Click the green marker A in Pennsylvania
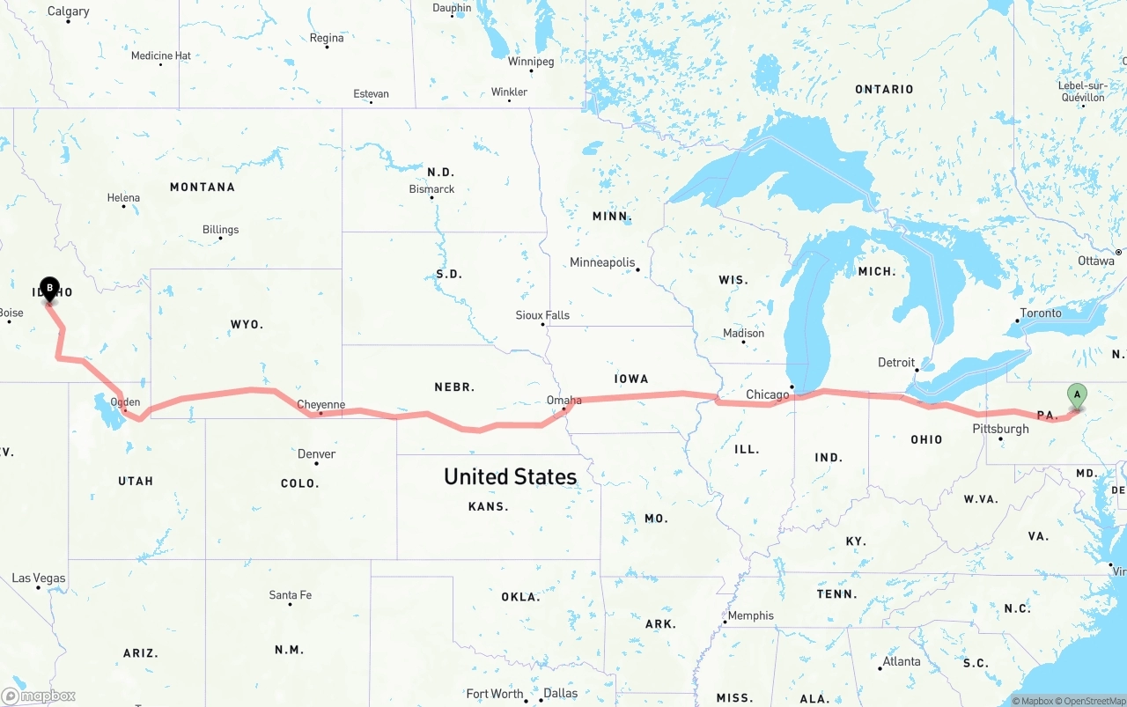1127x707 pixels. coord(1076,395)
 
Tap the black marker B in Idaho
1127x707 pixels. coord(50,288)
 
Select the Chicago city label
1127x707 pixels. coord(767,394)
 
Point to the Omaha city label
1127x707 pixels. coord(563,401)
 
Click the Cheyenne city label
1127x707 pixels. coord(320,405)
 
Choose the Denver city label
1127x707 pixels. coord(316,454)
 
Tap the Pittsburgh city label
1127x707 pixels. coord(1000,429)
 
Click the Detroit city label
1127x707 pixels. coord(896,363)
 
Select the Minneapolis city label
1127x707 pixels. coord(602,262)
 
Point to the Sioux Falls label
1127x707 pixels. coord(542,315)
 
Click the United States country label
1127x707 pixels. coord(510,477)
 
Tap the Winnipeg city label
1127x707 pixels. coord(531,62)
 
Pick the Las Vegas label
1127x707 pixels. coord(39,578)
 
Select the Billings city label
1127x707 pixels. coord(220,230)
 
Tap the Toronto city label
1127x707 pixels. coord(1041,313)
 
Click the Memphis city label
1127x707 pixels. coord(750,615)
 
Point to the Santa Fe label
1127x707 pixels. coord(290,595)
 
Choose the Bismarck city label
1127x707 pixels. coord(431,189)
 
